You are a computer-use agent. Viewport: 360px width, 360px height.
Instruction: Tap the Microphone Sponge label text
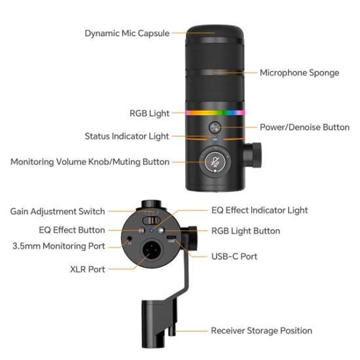pyautogui.click(x=299, y=73)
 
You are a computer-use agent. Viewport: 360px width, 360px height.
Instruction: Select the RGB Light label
pyautogui.click(x=149, y=113)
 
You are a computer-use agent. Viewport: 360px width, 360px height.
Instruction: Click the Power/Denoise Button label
pyautogui.click(x=304, y=127)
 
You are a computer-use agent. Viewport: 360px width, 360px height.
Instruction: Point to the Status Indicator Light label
pyautogui.click(x=127, y=136)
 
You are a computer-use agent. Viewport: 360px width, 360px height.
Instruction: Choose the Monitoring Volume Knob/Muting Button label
pyautogui.click(x=90, y=161)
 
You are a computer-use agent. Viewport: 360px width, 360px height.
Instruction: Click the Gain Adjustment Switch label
pyautogui.click(x=57, y=211)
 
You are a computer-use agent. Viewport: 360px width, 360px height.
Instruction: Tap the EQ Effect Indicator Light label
pyautogui.click(x=259, y=210)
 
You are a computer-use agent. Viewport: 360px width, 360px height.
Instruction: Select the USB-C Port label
pyautogui.click(x=234, y=256)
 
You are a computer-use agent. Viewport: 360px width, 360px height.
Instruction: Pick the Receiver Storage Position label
pyautogui.click(x=261, y=331)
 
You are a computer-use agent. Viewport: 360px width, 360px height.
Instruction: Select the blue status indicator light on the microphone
pyautogui.click(x=214, y=139)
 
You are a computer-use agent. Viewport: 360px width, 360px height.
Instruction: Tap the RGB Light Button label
pyautogui.click(x=245, y=230)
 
